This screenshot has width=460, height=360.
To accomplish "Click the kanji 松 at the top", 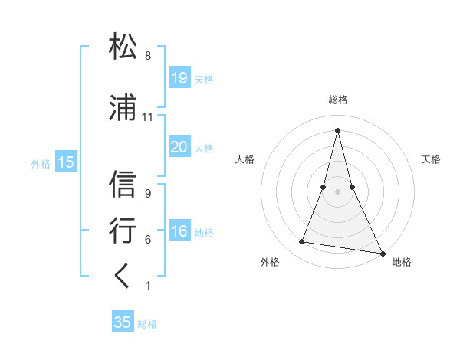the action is point(123,46).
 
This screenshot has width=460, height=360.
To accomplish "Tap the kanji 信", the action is point(123,184).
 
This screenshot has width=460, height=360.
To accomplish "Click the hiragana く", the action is point(123,277).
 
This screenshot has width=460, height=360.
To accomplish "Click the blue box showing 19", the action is point(179,77).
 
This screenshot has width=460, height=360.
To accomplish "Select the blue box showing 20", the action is point(179,147).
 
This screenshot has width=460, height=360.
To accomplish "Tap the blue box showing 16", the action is point(179,231).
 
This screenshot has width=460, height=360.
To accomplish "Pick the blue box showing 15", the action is point(66,162).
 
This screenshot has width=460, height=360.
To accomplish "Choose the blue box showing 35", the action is point(123,322).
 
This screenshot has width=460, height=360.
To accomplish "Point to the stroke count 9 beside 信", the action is point(147,194).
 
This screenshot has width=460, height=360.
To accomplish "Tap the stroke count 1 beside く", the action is point(147,286).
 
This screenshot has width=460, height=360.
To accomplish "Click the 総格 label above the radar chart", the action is point(338,100).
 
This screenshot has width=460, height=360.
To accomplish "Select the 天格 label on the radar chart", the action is point(432,159).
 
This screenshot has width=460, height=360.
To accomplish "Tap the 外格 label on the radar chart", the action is point(270,263).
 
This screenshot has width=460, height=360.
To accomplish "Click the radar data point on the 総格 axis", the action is point(338,129).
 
